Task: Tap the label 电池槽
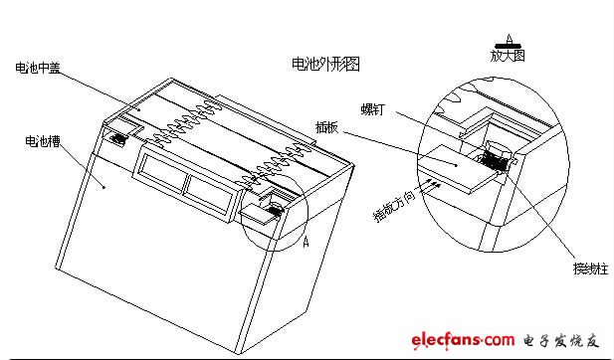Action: point(41,141)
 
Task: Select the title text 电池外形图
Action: point(323,65)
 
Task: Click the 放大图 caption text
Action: point(509,55)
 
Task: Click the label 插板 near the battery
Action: point(329,129)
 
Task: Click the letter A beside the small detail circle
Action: point(305,241)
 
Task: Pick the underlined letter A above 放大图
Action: point(509,38)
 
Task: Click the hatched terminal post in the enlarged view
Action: point(496,160)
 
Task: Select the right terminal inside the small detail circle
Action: point(269,206)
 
